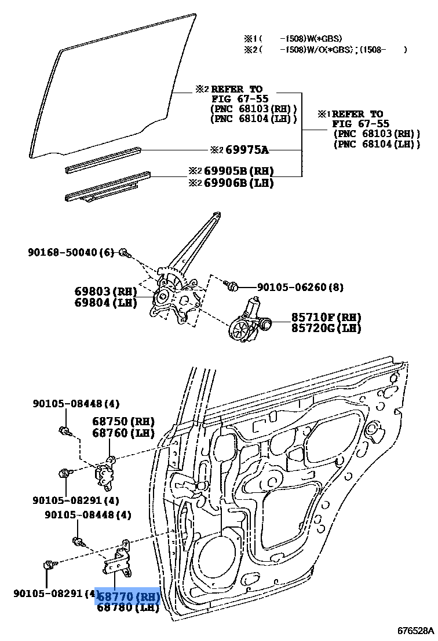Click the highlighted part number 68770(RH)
pyautogui.click(x=127, y=596)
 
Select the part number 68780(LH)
pyautogui.click(x=127, y=607)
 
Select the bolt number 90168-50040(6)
pyautogui.click(x=71, y=252)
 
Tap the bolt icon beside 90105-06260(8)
pyautogui.click(x=232, y=285)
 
